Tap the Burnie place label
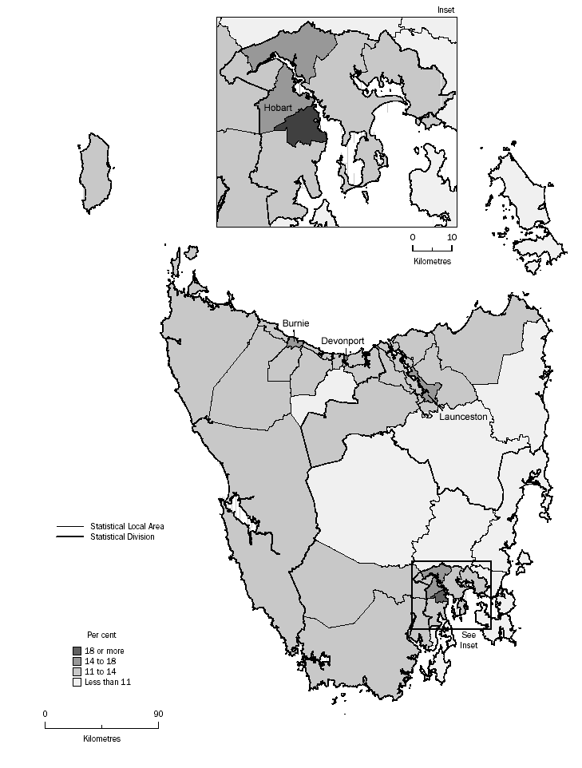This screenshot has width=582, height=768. click(294, 324)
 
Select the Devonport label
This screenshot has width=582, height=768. click(342, 341)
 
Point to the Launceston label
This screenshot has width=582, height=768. click(463, 416)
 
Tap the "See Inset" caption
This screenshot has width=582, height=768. click(469, 639)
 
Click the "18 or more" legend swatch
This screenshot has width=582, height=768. click(77, 651)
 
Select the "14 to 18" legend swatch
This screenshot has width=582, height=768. click(77, 661)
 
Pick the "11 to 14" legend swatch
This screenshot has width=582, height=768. click(77, 671)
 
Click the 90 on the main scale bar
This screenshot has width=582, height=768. click(157, 714)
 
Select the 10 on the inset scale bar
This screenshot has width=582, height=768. click(451, 237)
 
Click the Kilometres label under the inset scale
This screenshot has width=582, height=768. click(432, 261)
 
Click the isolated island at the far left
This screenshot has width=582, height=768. click(97, 172)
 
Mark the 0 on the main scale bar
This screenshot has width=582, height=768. click(45, 714)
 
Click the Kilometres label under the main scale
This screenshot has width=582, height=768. click(101, 739)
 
